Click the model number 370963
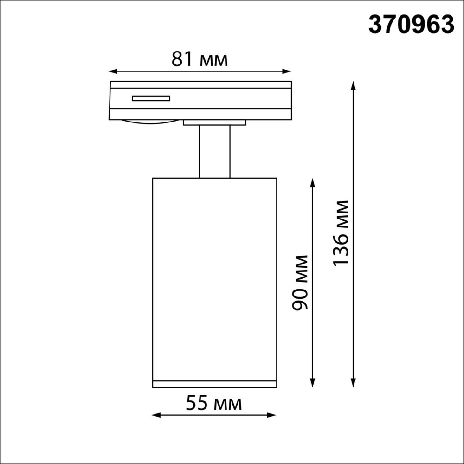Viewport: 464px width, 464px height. (411, 25)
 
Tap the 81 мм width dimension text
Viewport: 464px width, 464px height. (200, 59)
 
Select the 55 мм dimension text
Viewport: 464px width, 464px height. (214, 404)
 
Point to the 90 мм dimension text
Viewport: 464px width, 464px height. (301, 282)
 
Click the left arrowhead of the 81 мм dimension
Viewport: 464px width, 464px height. (111, 71)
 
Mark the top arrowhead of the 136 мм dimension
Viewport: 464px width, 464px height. (354, 85)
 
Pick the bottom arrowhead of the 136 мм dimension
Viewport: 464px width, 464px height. (354, 383)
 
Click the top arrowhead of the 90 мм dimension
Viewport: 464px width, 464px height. (312, 181)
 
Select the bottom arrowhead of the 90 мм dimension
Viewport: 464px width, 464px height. (312, 383)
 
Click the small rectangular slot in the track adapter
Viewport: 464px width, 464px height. (151, 98)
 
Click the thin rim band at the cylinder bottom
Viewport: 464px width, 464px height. (214, 384)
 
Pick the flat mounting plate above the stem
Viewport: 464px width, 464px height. (214, 122)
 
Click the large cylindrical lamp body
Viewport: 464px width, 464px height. (214, 278)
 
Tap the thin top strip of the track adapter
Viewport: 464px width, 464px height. (200, 84)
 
